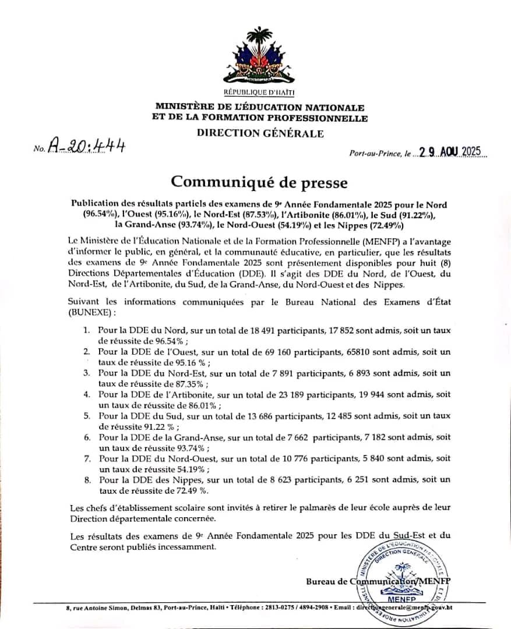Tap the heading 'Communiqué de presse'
(x=259, y=183)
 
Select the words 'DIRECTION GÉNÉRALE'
(x=260, y=133)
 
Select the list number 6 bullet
(x=86, y=437)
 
